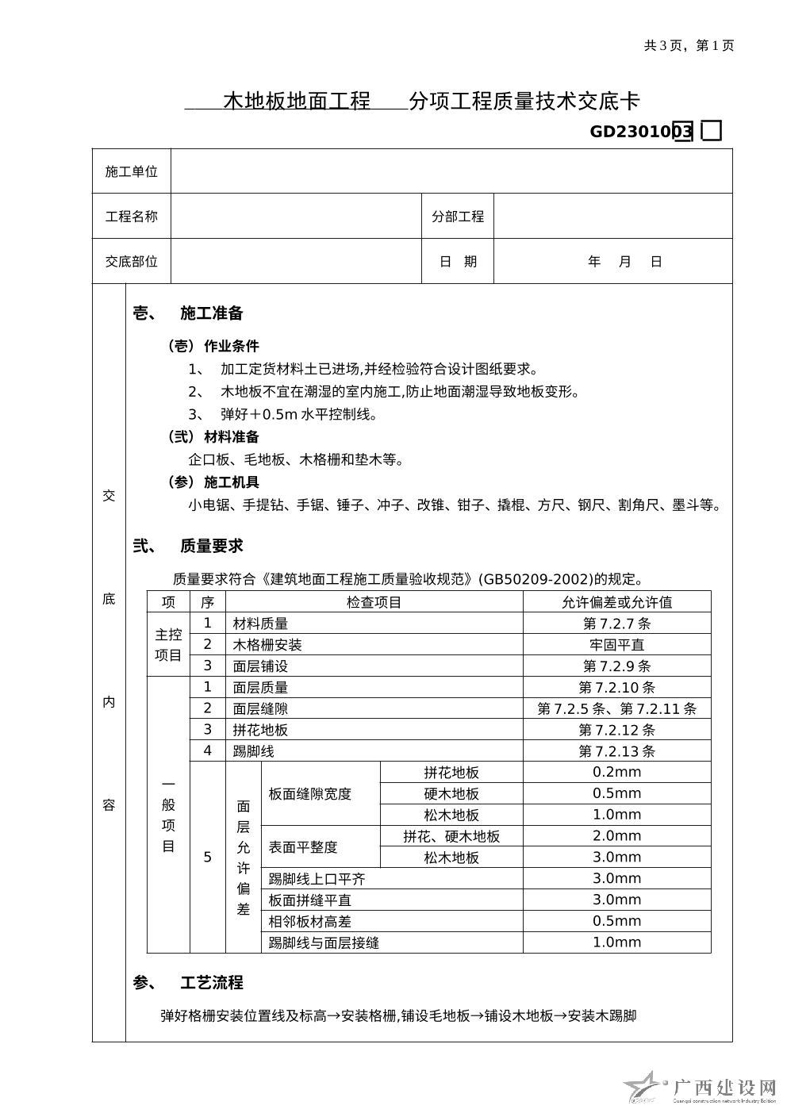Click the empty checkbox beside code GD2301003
pyautogui.click(x=712, y=131)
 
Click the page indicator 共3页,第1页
pyautogui.click(x=689, y=46)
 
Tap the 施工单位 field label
pyautogui.click(x=132, y=171)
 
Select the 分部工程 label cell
pyautogui.click(x=457, y=217)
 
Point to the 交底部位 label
pyautogui.click(x=132, y=262)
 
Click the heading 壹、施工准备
pyautogui.click(x=188, y=313)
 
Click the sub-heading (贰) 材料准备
pyautogui.click(x=213, y=437)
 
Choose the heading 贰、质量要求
pyautogui.click(x=188, y=546)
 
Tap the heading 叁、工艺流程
pyautogui.click(x=188, y=983)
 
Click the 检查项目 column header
pyautogui.click(x=374, y=602)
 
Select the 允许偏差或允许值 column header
pyautogui.click(x=616, y=602)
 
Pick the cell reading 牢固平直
pyautogui.click(x=616, y=645)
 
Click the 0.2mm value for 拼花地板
pyautogui.click(x=616, y=772)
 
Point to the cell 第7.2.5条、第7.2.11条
pyautogui.click(x=616, y=708)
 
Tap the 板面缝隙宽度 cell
pyautogui.click(x=309, y=794)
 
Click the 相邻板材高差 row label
pyautogui.click(x=309, y=922)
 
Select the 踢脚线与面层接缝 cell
pyautogui.click(x=324, y=943)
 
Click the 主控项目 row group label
pyautogui.click(x=168, y=645)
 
